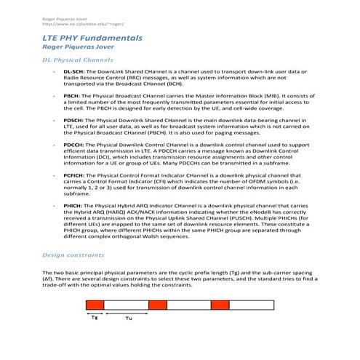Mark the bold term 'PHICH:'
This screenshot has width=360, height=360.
tap(73, 206)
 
